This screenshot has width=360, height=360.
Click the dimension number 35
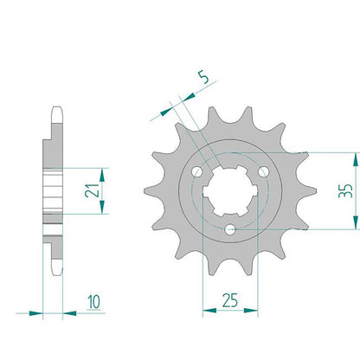345,190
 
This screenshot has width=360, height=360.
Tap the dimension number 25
230,300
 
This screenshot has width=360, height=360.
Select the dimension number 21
92,190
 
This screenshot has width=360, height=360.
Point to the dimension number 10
94,302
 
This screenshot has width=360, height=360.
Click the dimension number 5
204,77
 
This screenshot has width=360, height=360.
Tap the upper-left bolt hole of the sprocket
197,172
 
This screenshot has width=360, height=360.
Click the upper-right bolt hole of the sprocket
263,172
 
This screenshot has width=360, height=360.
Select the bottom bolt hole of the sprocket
230,230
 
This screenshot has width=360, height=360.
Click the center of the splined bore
230,191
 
